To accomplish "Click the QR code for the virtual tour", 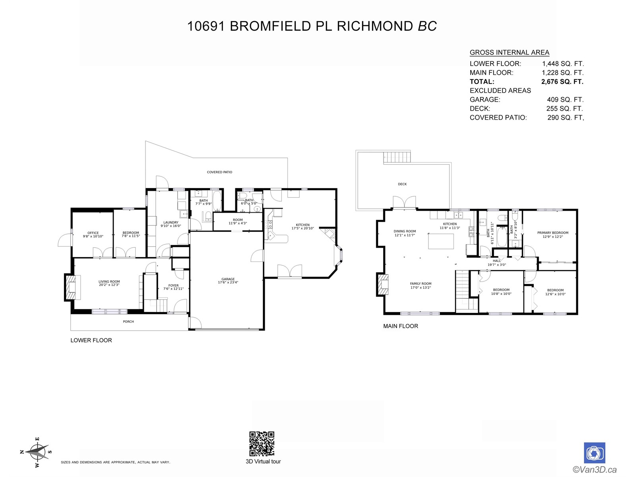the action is tap(262, 444).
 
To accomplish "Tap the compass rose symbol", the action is tap(37, 452).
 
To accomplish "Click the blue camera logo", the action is tap(594, 453).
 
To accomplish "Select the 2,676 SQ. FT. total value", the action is tap(562, 81).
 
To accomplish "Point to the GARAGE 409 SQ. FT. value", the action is tap(565, 100).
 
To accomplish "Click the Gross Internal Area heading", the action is tap(509, 52).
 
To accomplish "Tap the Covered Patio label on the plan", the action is tap(219, 172).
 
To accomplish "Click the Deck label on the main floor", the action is tap(402, 184).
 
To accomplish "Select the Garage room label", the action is tap(228, 279).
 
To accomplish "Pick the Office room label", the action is tap(93, 233).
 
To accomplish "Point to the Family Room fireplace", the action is tap(382, 284).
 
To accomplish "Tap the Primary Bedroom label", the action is tap(553, 233).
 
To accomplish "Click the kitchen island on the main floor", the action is tap(441, 241).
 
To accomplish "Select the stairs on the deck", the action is tap(397, 157).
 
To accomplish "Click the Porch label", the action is tap(128, 322).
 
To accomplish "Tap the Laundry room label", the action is tap(171, 223).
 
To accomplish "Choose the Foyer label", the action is tap(173, 285).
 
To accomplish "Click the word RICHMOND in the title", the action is tap(375, 26).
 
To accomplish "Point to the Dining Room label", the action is tap(405, 231).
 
